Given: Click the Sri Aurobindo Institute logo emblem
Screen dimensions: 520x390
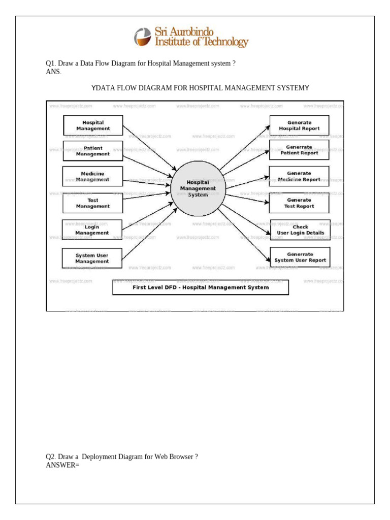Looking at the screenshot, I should click(x=143, y=37).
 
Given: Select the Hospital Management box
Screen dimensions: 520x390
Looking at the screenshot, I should click(x=93, y=125).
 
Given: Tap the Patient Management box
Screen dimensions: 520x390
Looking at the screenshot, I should click(x=93, y=151).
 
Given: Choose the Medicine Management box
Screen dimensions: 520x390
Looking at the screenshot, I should click(x=92, y=176).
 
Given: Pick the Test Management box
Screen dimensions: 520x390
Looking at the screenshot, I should click(x=93, y=203).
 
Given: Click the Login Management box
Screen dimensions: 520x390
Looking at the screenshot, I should click(x=92, y=230).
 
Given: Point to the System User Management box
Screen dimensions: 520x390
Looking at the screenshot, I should click(x=92, y=258).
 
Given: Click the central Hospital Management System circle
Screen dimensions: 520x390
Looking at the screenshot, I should click(x=198, y=188).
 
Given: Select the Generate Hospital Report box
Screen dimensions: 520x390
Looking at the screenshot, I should click(x=299, y=125).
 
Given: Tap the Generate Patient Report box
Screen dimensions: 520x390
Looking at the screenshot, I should click(x=299, y=150).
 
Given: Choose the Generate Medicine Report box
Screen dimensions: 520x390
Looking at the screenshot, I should click(x=299, y=176).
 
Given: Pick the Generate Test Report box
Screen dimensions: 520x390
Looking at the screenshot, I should click(x=299, y=203).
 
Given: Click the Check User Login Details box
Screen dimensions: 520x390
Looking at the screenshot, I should click(x=300, y=230).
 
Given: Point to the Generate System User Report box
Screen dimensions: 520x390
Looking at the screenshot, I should click(x=300, y=257).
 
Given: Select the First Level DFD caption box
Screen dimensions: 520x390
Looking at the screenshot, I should click(x=201, y=287).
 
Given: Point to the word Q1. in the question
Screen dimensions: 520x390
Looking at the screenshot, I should click(x=51, y=63).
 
